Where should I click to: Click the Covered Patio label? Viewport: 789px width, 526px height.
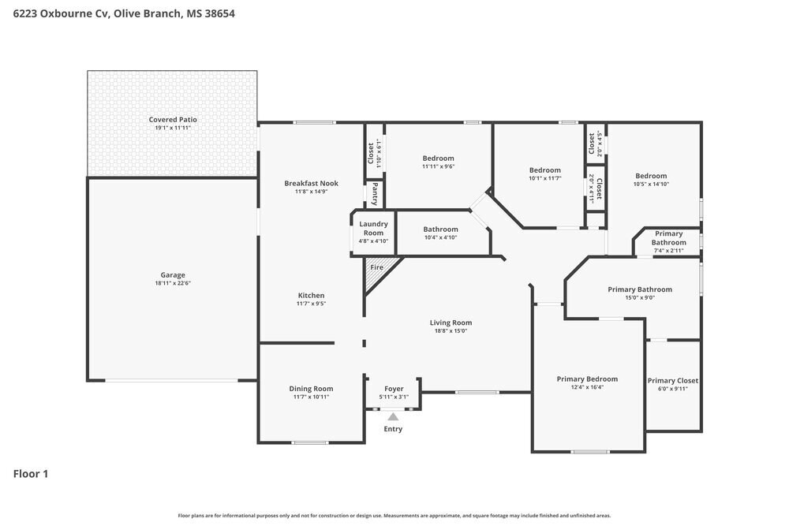[x=173, y=119]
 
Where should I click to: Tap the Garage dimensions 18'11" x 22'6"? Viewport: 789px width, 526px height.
[x=173, y=283]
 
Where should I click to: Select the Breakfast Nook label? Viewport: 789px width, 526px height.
[x=311, y=183]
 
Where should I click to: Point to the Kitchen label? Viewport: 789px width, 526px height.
[x=311, y=295]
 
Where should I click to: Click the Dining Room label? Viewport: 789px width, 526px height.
[x=311, y=388]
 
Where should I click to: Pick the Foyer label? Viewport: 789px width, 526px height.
[x=394, y=389]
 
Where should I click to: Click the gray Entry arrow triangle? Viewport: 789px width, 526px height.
[x=393, y=417]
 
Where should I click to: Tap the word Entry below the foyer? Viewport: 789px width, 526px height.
[x=393, y=429]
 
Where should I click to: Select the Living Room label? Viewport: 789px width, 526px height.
[x=451, y=323]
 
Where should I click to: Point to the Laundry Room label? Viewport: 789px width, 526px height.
[x=373, y=229]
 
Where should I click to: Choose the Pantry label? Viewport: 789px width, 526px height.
[x=375, y=194]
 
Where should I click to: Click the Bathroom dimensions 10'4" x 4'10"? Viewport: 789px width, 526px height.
[x=440, y=237]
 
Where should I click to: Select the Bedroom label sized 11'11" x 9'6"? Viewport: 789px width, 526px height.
[x=438, y=158]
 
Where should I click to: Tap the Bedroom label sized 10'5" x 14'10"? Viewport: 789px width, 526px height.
[x=651, y=176]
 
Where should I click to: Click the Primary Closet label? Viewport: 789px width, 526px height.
[x=673, y=381]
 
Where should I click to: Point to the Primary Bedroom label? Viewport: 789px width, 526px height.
[x=587, y=379]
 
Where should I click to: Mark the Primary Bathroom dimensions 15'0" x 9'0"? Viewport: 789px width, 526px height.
[x=640, y=297]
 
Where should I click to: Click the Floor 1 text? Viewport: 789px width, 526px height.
[x=31, y=474]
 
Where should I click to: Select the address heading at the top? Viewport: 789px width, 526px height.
[x=124, y=13]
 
